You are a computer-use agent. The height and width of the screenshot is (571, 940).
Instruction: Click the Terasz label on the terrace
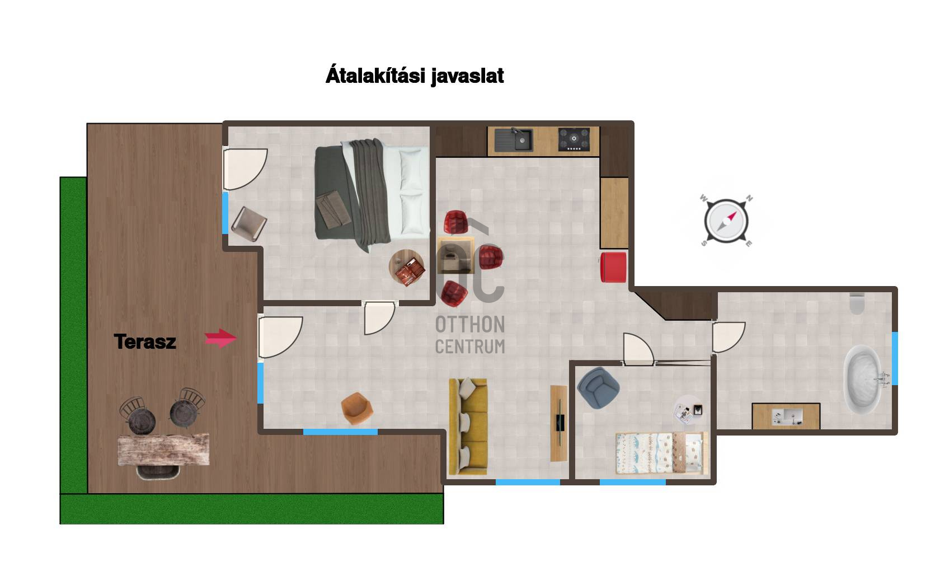tap(145, 341)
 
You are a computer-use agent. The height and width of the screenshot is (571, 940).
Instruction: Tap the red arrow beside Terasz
tap(220, 338)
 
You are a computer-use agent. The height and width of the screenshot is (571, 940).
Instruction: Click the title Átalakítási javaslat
tap(415, 76)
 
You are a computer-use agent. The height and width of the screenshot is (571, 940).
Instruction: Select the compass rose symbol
tap(726, 221)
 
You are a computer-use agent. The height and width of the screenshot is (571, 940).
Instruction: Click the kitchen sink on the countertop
tap(514, 139)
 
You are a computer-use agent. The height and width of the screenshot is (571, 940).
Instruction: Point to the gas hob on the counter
tap(574, 139)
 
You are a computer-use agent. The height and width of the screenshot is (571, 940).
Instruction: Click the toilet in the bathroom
tap(857, 303)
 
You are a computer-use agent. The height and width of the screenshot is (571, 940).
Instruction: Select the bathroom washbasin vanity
tap(786, 416)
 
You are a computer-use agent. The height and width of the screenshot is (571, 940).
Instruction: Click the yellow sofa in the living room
tap(468, 427)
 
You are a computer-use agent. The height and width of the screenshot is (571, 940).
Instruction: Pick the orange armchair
tap(357, 408)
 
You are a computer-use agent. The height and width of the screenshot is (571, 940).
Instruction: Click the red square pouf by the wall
tap(613, 267)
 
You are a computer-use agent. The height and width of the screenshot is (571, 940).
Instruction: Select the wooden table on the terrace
tap(163, 450)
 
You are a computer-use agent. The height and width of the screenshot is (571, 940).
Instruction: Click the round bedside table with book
tap(407, 267)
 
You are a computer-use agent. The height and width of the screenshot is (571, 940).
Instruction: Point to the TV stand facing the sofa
tap(559, 423)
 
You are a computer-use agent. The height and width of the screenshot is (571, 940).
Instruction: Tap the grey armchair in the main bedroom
tap(250, 224)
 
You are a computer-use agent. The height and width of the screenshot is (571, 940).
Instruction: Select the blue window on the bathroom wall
tap(895, 358)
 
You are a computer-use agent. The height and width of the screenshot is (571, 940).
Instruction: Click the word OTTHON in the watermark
tap(470, 325)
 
